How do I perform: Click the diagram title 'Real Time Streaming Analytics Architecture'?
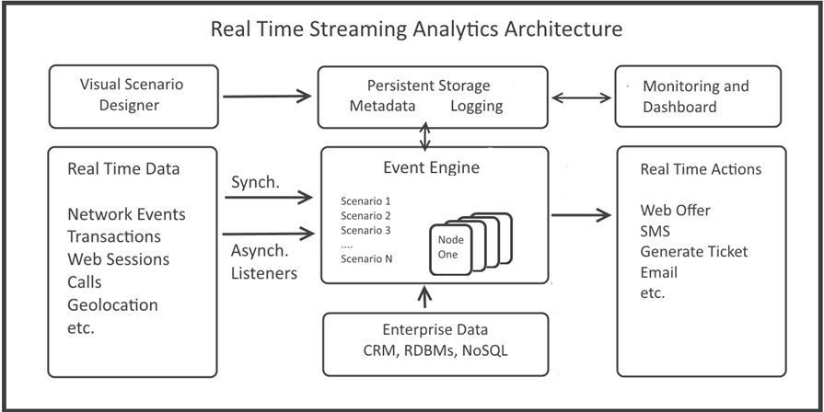click(416, 29)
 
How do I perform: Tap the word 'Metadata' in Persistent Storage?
click(383, 106)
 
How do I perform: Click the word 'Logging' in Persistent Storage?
click(477, 107)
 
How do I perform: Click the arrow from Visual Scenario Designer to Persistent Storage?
click(268, 96)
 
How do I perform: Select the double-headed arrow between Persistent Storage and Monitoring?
click(581, 97)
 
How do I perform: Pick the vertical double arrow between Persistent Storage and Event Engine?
click(424, 136)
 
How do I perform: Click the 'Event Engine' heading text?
click(432, 168)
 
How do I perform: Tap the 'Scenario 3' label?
click(366, 230)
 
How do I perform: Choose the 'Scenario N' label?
click(366, 258)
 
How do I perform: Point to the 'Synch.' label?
click(255, 183)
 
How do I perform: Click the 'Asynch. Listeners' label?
click(264, 262)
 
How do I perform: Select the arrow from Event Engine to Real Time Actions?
click(581, 214)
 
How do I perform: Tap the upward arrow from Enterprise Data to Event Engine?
click(425, 296)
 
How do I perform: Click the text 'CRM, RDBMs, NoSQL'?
click(435, 350)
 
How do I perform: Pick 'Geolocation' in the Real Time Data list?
click(112, 305)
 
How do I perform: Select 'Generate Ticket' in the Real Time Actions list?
click(693, 251)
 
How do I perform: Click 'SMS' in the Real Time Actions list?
click(656, 231)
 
